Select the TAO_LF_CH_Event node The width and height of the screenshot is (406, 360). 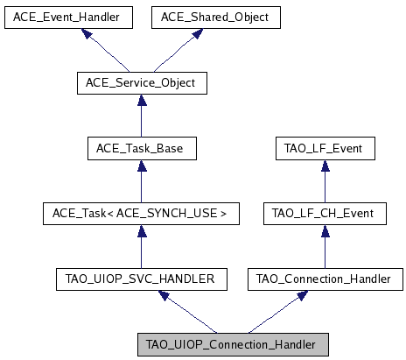pyautogui.click(x=325, y=213)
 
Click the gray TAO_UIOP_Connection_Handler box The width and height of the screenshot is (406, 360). pyautogui.click(x=233, y=343)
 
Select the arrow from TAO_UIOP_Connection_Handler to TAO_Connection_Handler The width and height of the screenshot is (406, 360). pyautogui.click(x=279, y=311)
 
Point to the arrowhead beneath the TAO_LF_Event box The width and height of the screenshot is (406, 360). pyautogui.click(x=325, y=166)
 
